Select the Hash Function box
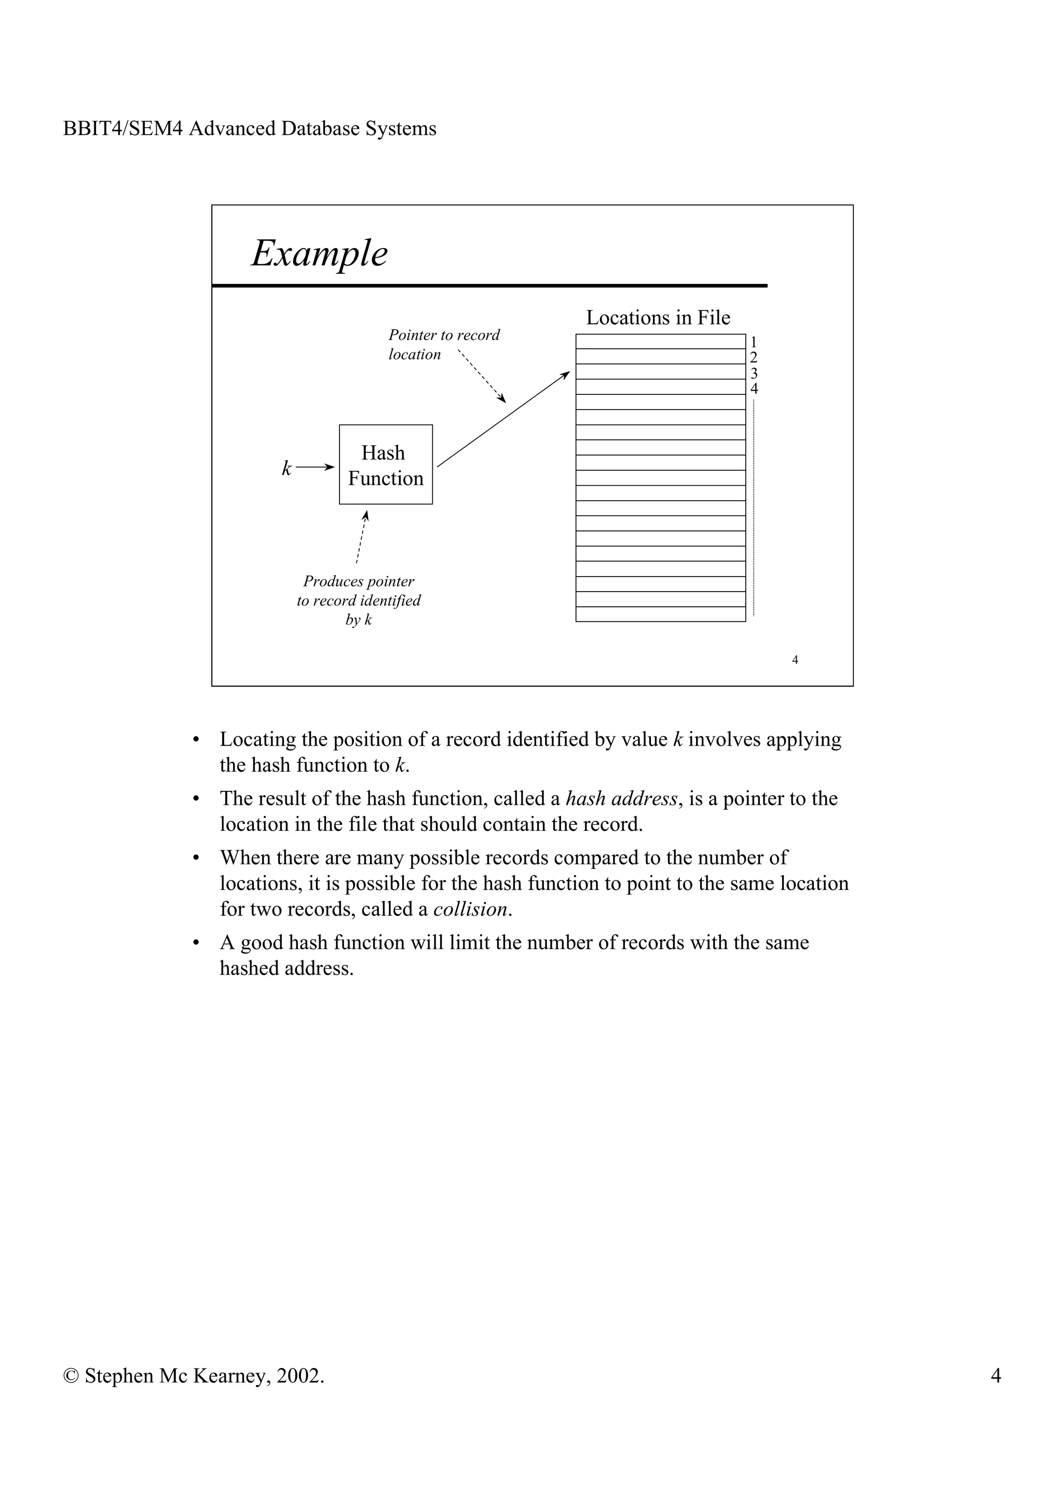click(x=385, y=464)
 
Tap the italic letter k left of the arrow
click(x=286, y=468)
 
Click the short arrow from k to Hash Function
click(x=315, y=467)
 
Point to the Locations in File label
click(x=658, y=318)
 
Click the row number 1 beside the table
click(x=753, y=342)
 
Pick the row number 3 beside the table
click(x=753, y=373)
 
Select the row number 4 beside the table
click(x=754, y=388)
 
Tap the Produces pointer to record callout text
click(x=358, y=600)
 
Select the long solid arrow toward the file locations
click(x=503, y=419)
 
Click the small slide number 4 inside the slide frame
click(x=795, y=660)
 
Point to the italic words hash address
click(x=621, y=799)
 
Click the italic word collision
click(x=470, y=909)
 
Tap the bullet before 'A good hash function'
click(x=195, y=944)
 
